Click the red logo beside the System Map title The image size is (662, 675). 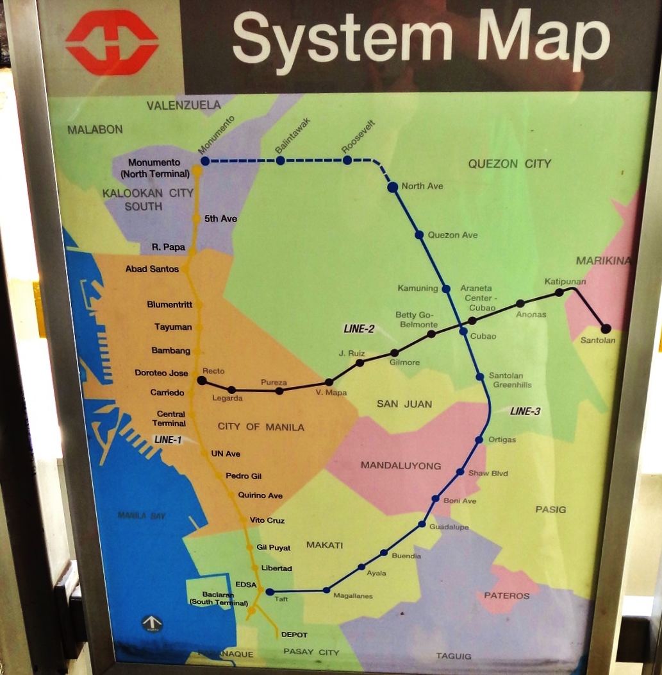[112, 42]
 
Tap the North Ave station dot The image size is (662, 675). [393, 187]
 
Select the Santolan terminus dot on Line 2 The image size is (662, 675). [606, 329]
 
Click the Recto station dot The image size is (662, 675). [202, 380]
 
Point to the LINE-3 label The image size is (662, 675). [525, 411]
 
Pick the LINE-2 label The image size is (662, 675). [358, 329]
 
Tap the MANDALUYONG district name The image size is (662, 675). [401, 465]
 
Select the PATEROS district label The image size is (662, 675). [506, 595]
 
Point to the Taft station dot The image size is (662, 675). [270, 592]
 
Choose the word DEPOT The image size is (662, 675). [294, 635]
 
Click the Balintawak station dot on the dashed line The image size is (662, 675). [280, 160]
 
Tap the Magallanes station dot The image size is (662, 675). [326, 590]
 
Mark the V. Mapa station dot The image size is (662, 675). [329, 382]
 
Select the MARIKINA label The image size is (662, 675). [603, 261]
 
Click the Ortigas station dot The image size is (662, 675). [479, 440]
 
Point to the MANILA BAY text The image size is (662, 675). [142, 515]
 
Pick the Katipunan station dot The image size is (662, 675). [559, 292]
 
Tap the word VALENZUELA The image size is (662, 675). [183, 105]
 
